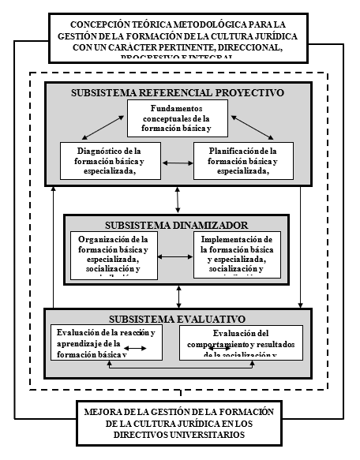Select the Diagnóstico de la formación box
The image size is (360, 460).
coord(109,160)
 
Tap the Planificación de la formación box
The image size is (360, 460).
coord(243,160)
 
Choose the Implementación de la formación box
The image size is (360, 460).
coord(237,256)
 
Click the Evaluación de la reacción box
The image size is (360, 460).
coord(105,343)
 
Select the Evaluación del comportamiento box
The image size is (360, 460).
coord(241,343)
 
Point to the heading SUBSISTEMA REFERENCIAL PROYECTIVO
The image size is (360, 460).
coord(178,92)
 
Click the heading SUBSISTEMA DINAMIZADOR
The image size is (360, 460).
coord(178,223)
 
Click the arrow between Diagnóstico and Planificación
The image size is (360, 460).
coord(178,163)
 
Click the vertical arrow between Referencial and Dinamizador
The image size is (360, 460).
coord(178,200)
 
